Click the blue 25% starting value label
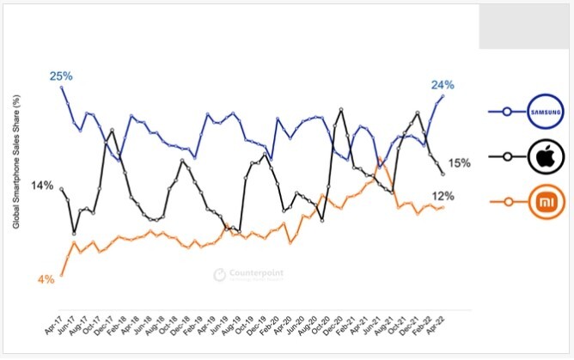(x=61, y=76)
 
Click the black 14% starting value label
(x=43, y=186)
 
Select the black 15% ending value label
(x=460, y=163)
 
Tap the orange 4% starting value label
(x=46, y=279)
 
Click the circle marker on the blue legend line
(x=507, y=111)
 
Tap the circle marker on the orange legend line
(x=507, y=202)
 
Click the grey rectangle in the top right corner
(x=525, y=26)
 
